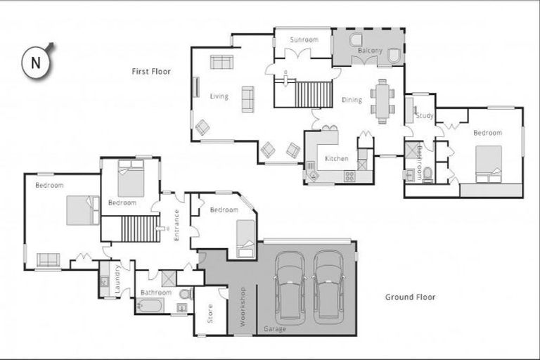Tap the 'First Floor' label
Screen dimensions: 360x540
[151, 71]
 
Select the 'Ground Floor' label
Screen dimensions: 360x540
[410, 297]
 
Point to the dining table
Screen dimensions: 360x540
[382, 101]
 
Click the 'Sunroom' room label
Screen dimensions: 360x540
[304, 39]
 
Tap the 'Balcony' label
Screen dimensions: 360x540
[370, 51]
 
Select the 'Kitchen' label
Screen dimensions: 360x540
[336, 158]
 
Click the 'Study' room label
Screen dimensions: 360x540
[424, 115]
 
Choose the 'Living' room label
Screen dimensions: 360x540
[219, 96]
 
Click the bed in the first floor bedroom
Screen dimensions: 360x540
[488, 164]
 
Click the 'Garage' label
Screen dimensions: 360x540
[274, 328]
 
